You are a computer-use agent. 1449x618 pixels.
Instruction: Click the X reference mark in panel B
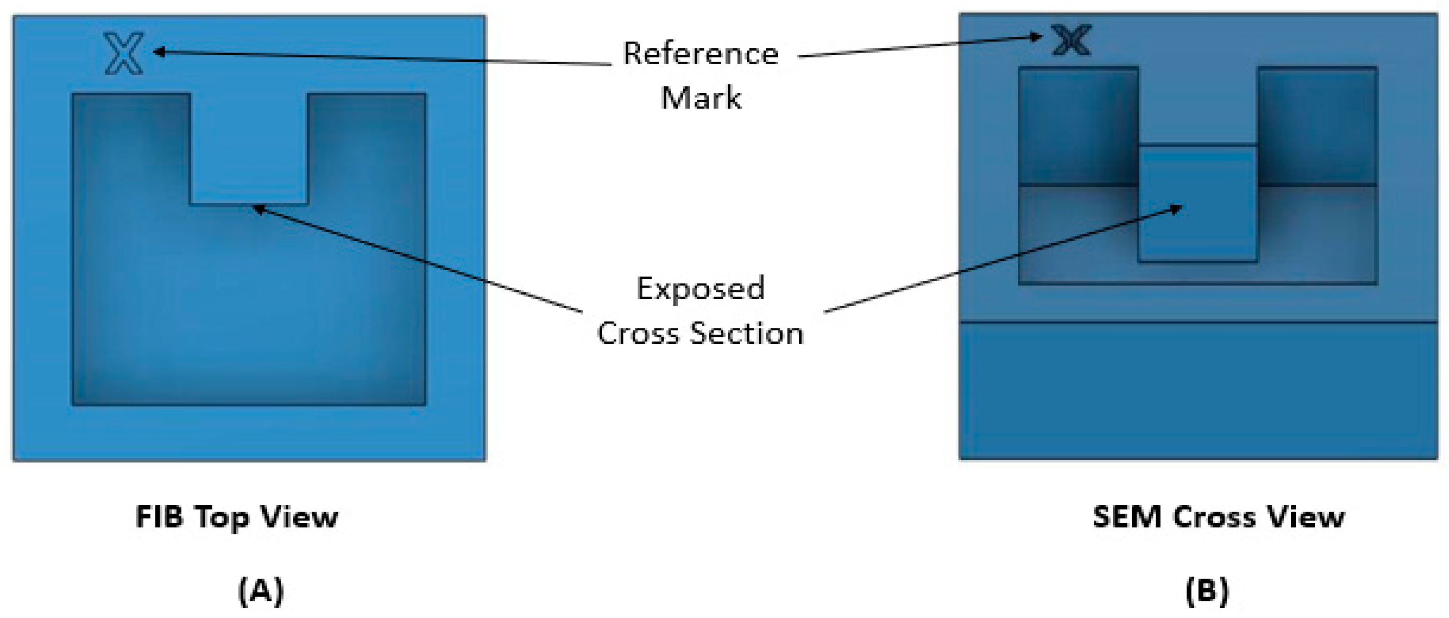pyautogui.click(x=1072, y=40)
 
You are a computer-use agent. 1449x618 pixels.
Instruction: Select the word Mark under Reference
pyautogui.click(x=701, y=98)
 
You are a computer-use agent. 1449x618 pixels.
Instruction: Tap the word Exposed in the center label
pyautogui.click(x=700, y=289)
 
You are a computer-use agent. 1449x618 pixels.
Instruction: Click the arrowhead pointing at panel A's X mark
pyautogui.click(x=159, y=52)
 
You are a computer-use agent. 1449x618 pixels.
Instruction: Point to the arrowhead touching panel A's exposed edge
pyautogui.click(x=258, y=209)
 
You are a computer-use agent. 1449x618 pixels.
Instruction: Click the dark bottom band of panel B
pyautogui.click(x=1198, y=391)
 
